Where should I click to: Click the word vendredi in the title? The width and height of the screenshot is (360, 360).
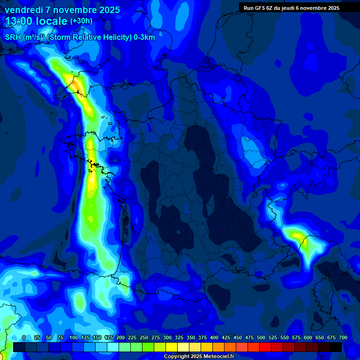23,10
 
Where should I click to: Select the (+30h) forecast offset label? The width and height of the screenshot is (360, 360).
81,21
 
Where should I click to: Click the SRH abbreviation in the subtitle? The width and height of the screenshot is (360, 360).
13,37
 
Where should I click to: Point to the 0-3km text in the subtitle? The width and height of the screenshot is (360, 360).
144,37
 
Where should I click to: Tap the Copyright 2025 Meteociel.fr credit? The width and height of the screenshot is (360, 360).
199,356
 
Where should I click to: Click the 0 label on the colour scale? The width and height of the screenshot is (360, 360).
24,337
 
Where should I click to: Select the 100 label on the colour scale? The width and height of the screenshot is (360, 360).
74,337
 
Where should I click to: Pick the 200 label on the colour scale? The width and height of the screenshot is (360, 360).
120,337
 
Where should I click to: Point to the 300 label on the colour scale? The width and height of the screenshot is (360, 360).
167,337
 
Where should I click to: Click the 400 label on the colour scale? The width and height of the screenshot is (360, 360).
214,337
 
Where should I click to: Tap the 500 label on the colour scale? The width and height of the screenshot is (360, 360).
261,337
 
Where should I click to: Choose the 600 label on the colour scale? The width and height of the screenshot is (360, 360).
308,337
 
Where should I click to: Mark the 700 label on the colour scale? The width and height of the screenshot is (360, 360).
343,337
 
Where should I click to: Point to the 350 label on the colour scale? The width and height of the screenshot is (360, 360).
191,337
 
